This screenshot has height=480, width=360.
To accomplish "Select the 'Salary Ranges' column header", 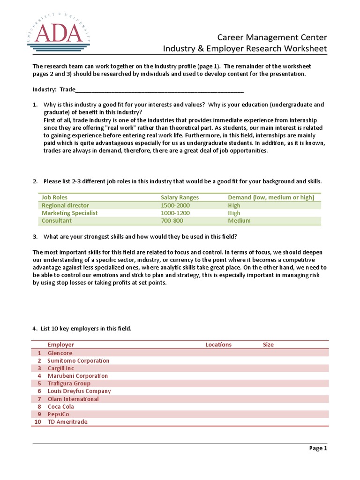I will pyautogui.click(x=180, y=198).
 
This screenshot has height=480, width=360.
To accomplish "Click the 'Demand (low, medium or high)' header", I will pyautogui.click(x=271, y=198).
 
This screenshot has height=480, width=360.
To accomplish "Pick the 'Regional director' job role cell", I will pyautogui.click(x=65, y=205).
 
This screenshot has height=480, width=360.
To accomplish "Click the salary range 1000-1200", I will pyautogui.click(x=175, y=213).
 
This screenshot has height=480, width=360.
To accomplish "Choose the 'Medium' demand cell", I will pyautogui.click(x=239, y=220).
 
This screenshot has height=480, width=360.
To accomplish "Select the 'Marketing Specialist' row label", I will pyautogui.click(x=69, y=213).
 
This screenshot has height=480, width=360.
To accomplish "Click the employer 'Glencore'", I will pyautogui.click(x=60, y=353).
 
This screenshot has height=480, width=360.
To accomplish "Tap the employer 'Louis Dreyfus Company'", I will pyautogui.click(x=79, y=391).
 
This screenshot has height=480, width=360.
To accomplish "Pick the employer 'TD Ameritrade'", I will pyautogui.click(x=67, y=422).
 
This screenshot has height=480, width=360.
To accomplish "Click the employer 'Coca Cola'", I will pyautogui.click(x=61, y=406).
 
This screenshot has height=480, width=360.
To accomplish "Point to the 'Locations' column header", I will pyautogui.click(x=218, y=345).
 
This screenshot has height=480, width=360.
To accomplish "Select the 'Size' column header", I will pyautogui.click(x=268, y=345).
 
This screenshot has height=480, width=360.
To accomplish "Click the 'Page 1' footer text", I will pyautogui.click(x=318, y=448).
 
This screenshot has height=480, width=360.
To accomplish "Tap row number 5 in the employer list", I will pyautogui.click(x=39, y=383).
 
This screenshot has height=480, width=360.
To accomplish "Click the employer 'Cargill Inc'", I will pyautogui.click(x=61, y=368).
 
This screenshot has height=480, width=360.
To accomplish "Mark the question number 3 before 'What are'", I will pyautogui.click(x=35, y=236).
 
